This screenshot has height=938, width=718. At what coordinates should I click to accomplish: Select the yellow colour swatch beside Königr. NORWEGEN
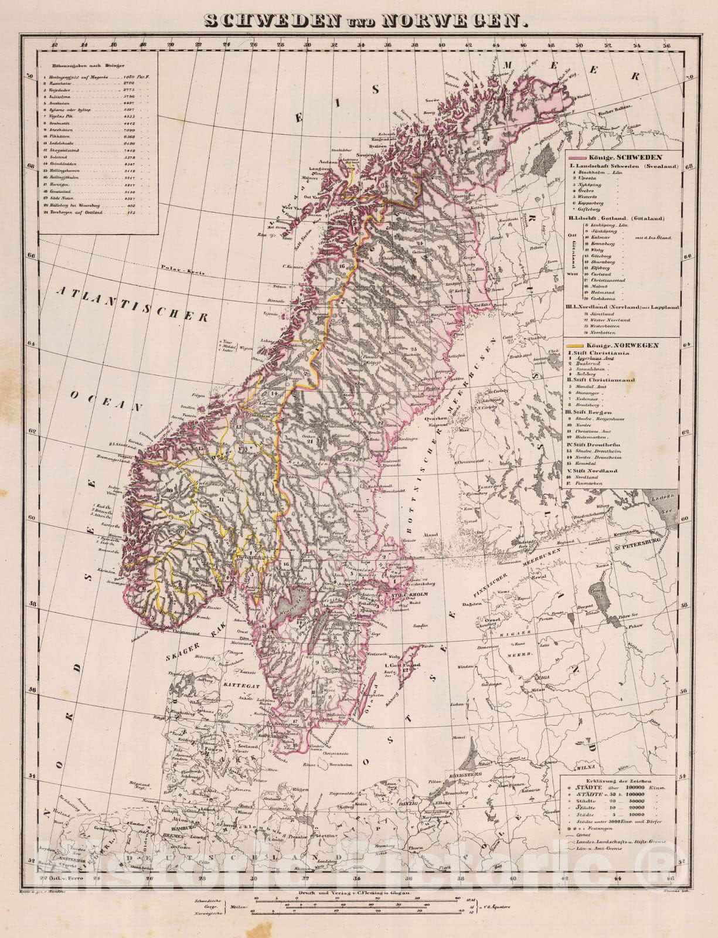580,345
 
